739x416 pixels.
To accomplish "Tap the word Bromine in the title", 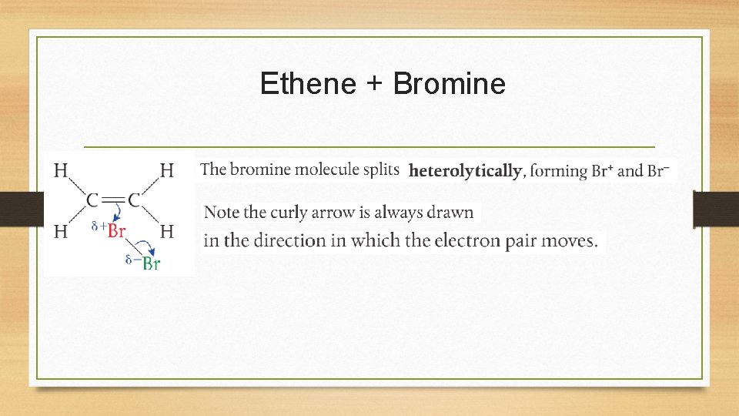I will pos(449,83).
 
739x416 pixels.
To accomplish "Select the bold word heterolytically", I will pos(465,171).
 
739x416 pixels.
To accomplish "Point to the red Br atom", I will pos(116,230).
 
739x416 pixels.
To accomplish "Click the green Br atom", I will pos(151,264).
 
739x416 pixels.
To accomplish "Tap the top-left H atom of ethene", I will pos(61,170).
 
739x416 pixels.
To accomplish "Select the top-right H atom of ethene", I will pos(166,170).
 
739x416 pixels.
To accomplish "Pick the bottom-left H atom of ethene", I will pos(61,230).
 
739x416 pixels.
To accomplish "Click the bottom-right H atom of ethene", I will pos(166,230).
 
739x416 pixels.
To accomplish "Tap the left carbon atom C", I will pos(92,200).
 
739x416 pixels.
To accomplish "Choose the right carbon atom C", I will pos(134,200).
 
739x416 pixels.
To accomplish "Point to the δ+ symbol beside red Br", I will pos(99,226).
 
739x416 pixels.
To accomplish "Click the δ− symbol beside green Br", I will pos(132,260).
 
